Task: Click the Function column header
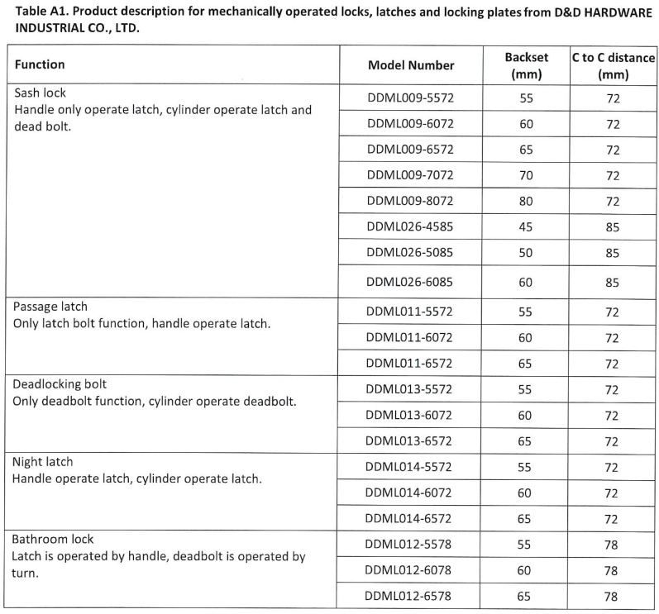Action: pos(40,64)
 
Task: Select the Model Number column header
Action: pos(410,65)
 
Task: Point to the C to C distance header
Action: pos(613,65)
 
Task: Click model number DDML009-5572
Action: pos(410,98)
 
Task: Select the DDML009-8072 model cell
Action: pos(410,201)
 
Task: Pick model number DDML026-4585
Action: pos(410,226)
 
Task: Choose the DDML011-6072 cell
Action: pos(410,338)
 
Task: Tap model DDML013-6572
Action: pos(410,441)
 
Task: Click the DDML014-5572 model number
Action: pos(410,467)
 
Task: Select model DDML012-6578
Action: pos(410,596)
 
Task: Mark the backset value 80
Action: pos(525,201)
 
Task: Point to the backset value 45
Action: pos(525,226)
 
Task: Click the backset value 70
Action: pos(525,175)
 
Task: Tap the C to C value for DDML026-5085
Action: pos(612,253)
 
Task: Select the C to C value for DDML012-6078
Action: pos(612,570)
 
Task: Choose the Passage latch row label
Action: pos(50,307)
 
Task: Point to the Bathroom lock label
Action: pos(53,539)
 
